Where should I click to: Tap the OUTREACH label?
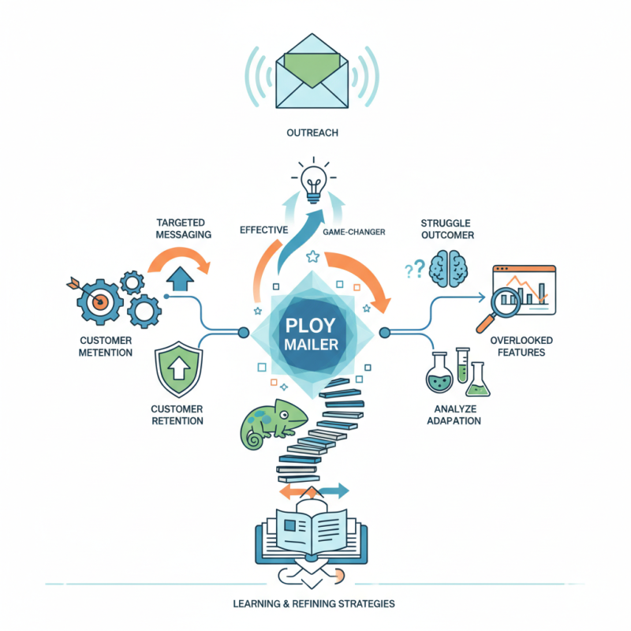point(313,133)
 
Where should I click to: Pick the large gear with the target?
point(95,301)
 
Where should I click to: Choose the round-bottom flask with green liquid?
point(438,373)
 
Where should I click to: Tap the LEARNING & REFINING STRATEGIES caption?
point(313,603)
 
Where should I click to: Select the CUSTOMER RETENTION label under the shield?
point(177,415)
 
